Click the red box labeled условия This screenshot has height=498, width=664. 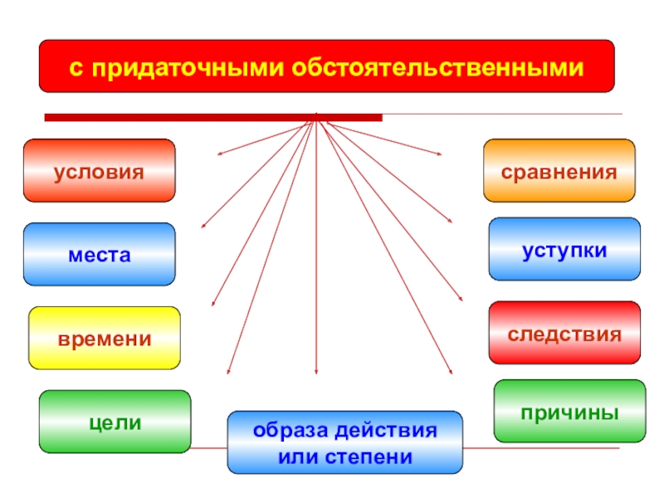coord(99,171)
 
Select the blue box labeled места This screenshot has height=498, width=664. coord(99,254)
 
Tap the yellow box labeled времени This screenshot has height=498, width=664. coord(105,339)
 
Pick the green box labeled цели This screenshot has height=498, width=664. coord(115,422)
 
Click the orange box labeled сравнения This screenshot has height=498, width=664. coord(559,171)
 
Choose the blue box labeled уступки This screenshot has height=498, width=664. coord(564,249)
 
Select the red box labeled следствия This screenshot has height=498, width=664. coord(564,334)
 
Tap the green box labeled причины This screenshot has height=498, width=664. coord(569,411)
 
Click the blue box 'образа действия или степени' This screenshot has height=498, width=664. coord(345,442)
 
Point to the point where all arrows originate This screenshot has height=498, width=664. coord(316,120)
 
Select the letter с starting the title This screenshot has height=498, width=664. coord(73,66)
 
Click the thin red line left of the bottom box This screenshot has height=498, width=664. coord(207,448)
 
